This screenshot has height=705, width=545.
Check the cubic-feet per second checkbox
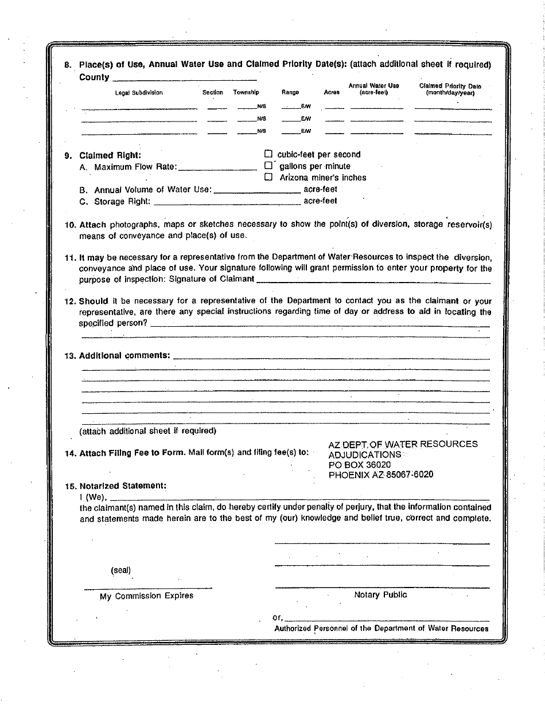[x=268, y=154]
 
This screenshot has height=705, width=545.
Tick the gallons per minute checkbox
[x=268, y=166]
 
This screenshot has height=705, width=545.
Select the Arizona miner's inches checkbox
[x=268, y=178]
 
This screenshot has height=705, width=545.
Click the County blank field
[x=184, y=78]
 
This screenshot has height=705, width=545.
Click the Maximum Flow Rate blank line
[x=217, y=169]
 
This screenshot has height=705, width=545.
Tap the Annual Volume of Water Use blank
[x=257, y=190]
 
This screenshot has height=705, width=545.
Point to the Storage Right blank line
[x=227, y=202]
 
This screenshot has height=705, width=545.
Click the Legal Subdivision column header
[x=139, y=93]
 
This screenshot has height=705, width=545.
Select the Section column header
[x=213, y=93]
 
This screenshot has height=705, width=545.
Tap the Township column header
[x=246, y=93]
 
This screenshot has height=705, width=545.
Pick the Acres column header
[x=332, y=93]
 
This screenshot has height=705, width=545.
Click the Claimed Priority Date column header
[x=450, y=89]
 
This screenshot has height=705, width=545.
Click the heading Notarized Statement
[x=123, y=485]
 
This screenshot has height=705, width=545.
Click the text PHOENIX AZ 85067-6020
[x=381, y=475]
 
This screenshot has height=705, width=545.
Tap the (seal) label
[x=120, y=570]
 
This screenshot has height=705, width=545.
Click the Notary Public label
[x=380, y=595]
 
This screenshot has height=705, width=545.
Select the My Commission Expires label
[x=146, y=596]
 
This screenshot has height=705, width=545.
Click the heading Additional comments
[x=124, y=355]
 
